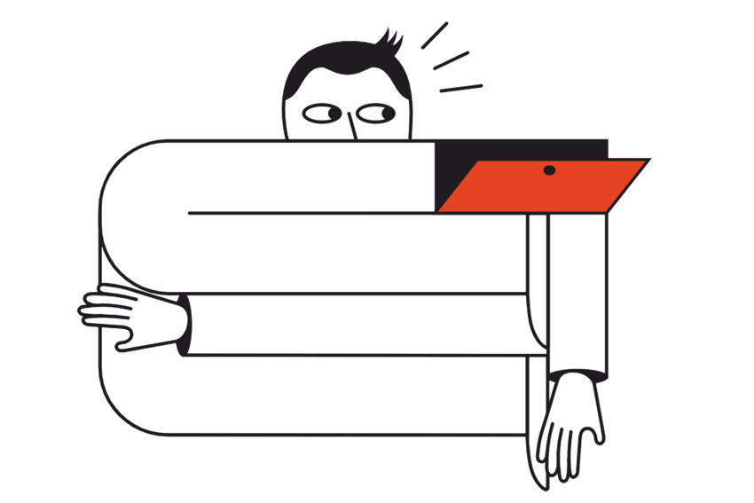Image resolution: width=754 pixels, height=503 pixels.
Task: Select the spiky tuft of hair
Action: point(391,40)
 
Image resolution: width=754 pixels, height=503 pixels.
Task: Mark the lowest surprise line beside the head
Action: point(461,88)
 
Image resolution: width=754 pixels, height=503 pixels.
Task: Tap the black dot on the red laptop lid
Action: point(549,169)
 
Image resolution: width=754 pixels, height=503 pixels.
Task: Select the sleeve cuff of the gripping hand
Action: point(183,325)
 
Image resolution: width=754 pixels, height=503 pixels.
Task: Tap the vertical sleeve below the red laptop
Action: point(577,284)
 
